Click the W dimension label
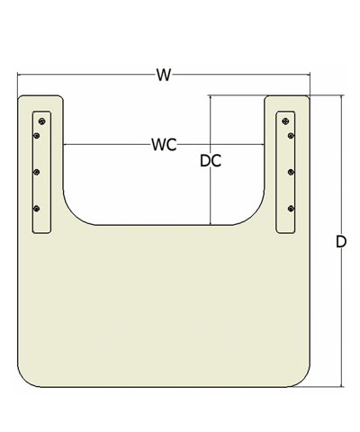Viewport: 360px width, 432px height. click(164, 75)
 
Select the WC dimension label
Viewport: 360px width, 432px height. click(164, 145)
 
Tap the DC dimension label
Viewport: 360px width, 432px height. click(211, 161)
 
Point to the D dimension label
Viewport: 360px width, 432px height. click(341, 241)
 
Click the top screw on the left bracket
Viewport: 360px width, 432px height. click(42, 121)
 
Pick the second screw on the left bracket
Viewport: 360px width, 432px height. click(37, 136)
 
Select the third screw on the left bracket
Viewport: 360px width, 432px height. click(37, 172)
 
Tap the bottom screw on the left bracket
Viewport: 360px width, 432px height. click(37, 209)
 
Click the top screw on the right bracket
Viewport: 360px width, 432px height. click(285, 121)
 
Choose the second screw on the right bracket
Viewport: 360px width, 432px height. click(291, 136)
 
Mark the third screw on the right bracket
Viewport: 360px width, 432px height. click(291, 172)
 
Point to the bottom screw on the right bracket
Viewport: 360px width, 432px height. click(291, 209)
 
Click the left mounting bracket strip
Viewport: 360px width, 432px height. click(42, 172)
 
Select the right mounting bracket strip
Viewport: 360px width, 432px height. click(285, 172)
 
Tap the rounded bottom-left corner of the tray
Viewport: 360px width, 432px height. click(24, 380)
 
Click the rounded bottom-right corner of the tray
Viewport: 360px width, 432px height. click(302, 380)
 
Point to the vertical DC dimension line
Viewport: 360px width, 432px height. click(211, 160)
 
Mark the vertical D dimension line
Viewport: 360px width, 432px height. click(341, 241)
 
